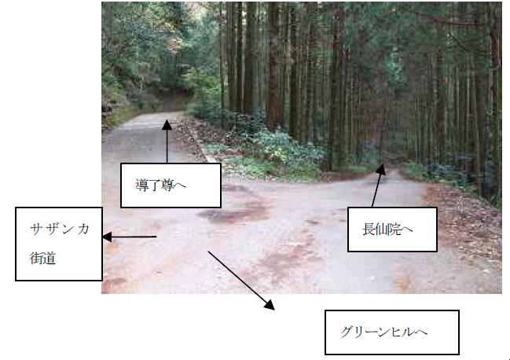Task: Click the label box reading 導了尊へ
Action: click(171, 185)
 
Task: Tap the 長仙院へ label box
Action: click(391, 229)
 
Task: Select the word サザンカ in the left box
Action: click(60, 229)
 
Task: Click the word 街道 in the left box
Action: click(44, 256)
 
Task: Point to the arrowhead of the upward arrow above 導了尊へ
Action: click(166, 119)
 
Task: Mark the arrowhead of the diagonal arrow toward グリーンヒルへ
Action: click(271, 305)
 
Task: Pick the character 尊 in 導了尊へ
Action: click(172, 186)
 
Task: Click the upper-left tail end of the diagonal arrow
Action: click(208, 252)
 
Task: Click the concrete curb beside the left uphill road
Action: click(200, 145)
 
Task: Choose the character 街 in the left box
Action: click(36, 256)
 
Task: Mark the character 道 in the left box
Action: click(52, 256)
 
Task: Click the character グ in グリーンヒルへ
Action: click(347, 332)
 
